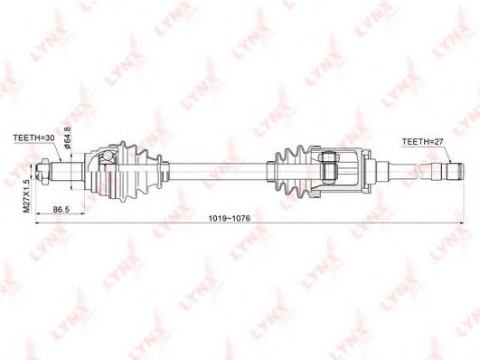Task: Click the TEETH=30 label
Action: pos(33,137)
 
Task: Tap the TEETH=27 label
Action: pos(422,141)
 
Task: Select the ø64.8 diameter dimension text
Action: pos(68,137)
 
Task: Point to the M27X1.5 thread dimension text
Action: pos(26,195)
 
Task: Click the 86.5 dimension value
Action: pos(61,210)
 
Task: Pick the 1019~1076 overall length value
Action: pos(230,219)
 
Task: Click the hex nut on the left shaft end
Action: pos(42,172)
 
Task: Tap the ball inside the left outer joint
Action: pos(108,156)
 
